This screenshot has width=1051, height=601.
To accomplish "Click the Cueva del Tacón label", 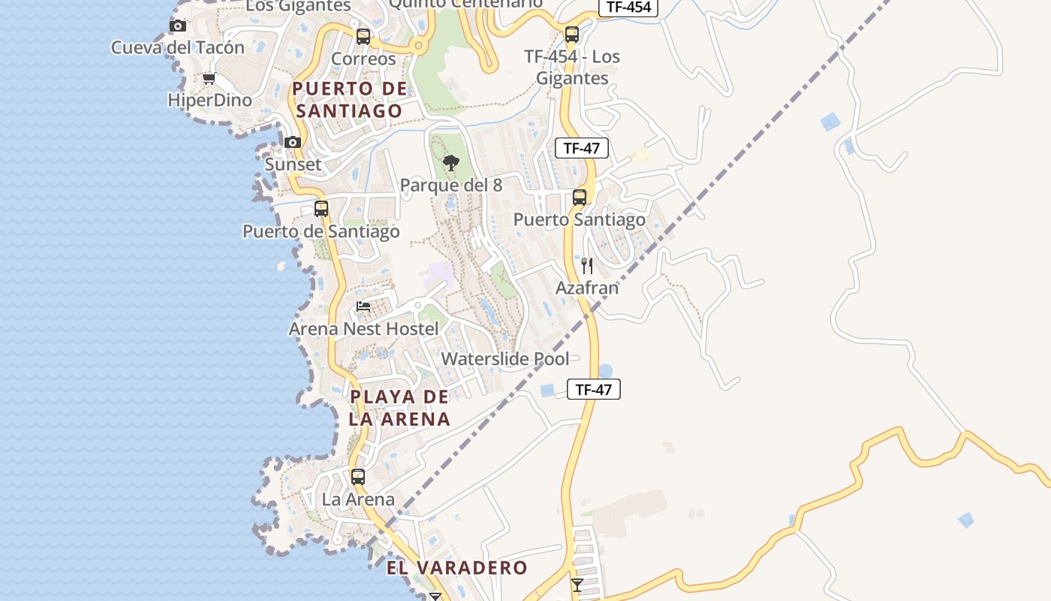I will pos(178,47).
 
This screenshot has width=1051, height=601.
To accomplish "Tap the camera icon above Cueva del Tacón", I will pos(178,26).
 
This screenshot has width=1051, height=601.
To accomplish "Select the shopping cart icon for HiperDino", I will pos(209,79).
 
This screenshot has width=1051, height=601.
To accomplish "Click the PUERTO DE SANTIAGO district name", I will pos(349,100).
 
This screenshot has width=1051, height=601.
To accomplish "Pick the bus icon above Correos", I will pos(363,36).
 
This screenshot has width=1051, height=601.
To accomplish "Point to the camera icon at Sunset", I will pos(293,142).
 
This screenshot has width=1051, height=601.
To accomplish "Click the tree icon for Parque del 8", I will pos(451,162).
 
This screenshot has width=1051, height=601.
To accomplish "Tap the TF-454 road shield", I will pos(628,8).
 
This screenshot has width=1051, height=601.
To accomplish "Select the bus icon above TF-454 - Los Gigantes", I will pos(572,35).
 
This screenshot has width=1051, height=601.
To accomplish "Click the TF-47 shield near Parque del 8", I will pos(582,148).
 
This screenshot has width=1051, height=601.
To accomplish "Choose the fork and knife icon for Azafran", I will pos(587,266).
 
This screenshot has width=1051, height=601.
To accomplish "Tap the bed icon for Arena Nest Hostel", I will pos(363,307).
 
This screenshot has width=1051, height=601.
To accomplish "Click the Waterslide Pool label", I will pos(505,359).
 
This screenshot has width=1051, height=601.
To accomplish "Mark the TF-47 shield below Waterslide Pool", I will pos(594,389).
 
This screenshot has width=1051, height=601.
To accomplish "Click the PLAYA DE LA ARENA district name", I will pos(399,408).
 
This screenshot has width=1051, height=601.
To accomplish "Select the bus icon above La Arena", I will pos(358,477).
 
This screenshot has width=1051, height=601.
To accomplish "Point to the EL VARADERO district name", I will pos(457,568).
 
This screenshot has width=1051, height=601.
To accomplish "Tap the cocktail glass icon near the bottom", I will pos(577,584).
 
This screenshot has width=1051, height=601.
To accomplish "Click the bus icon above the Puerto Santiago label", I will pos(580,198).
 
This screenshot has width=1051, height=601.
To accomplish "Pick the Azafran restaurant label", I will pos(587,288).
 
